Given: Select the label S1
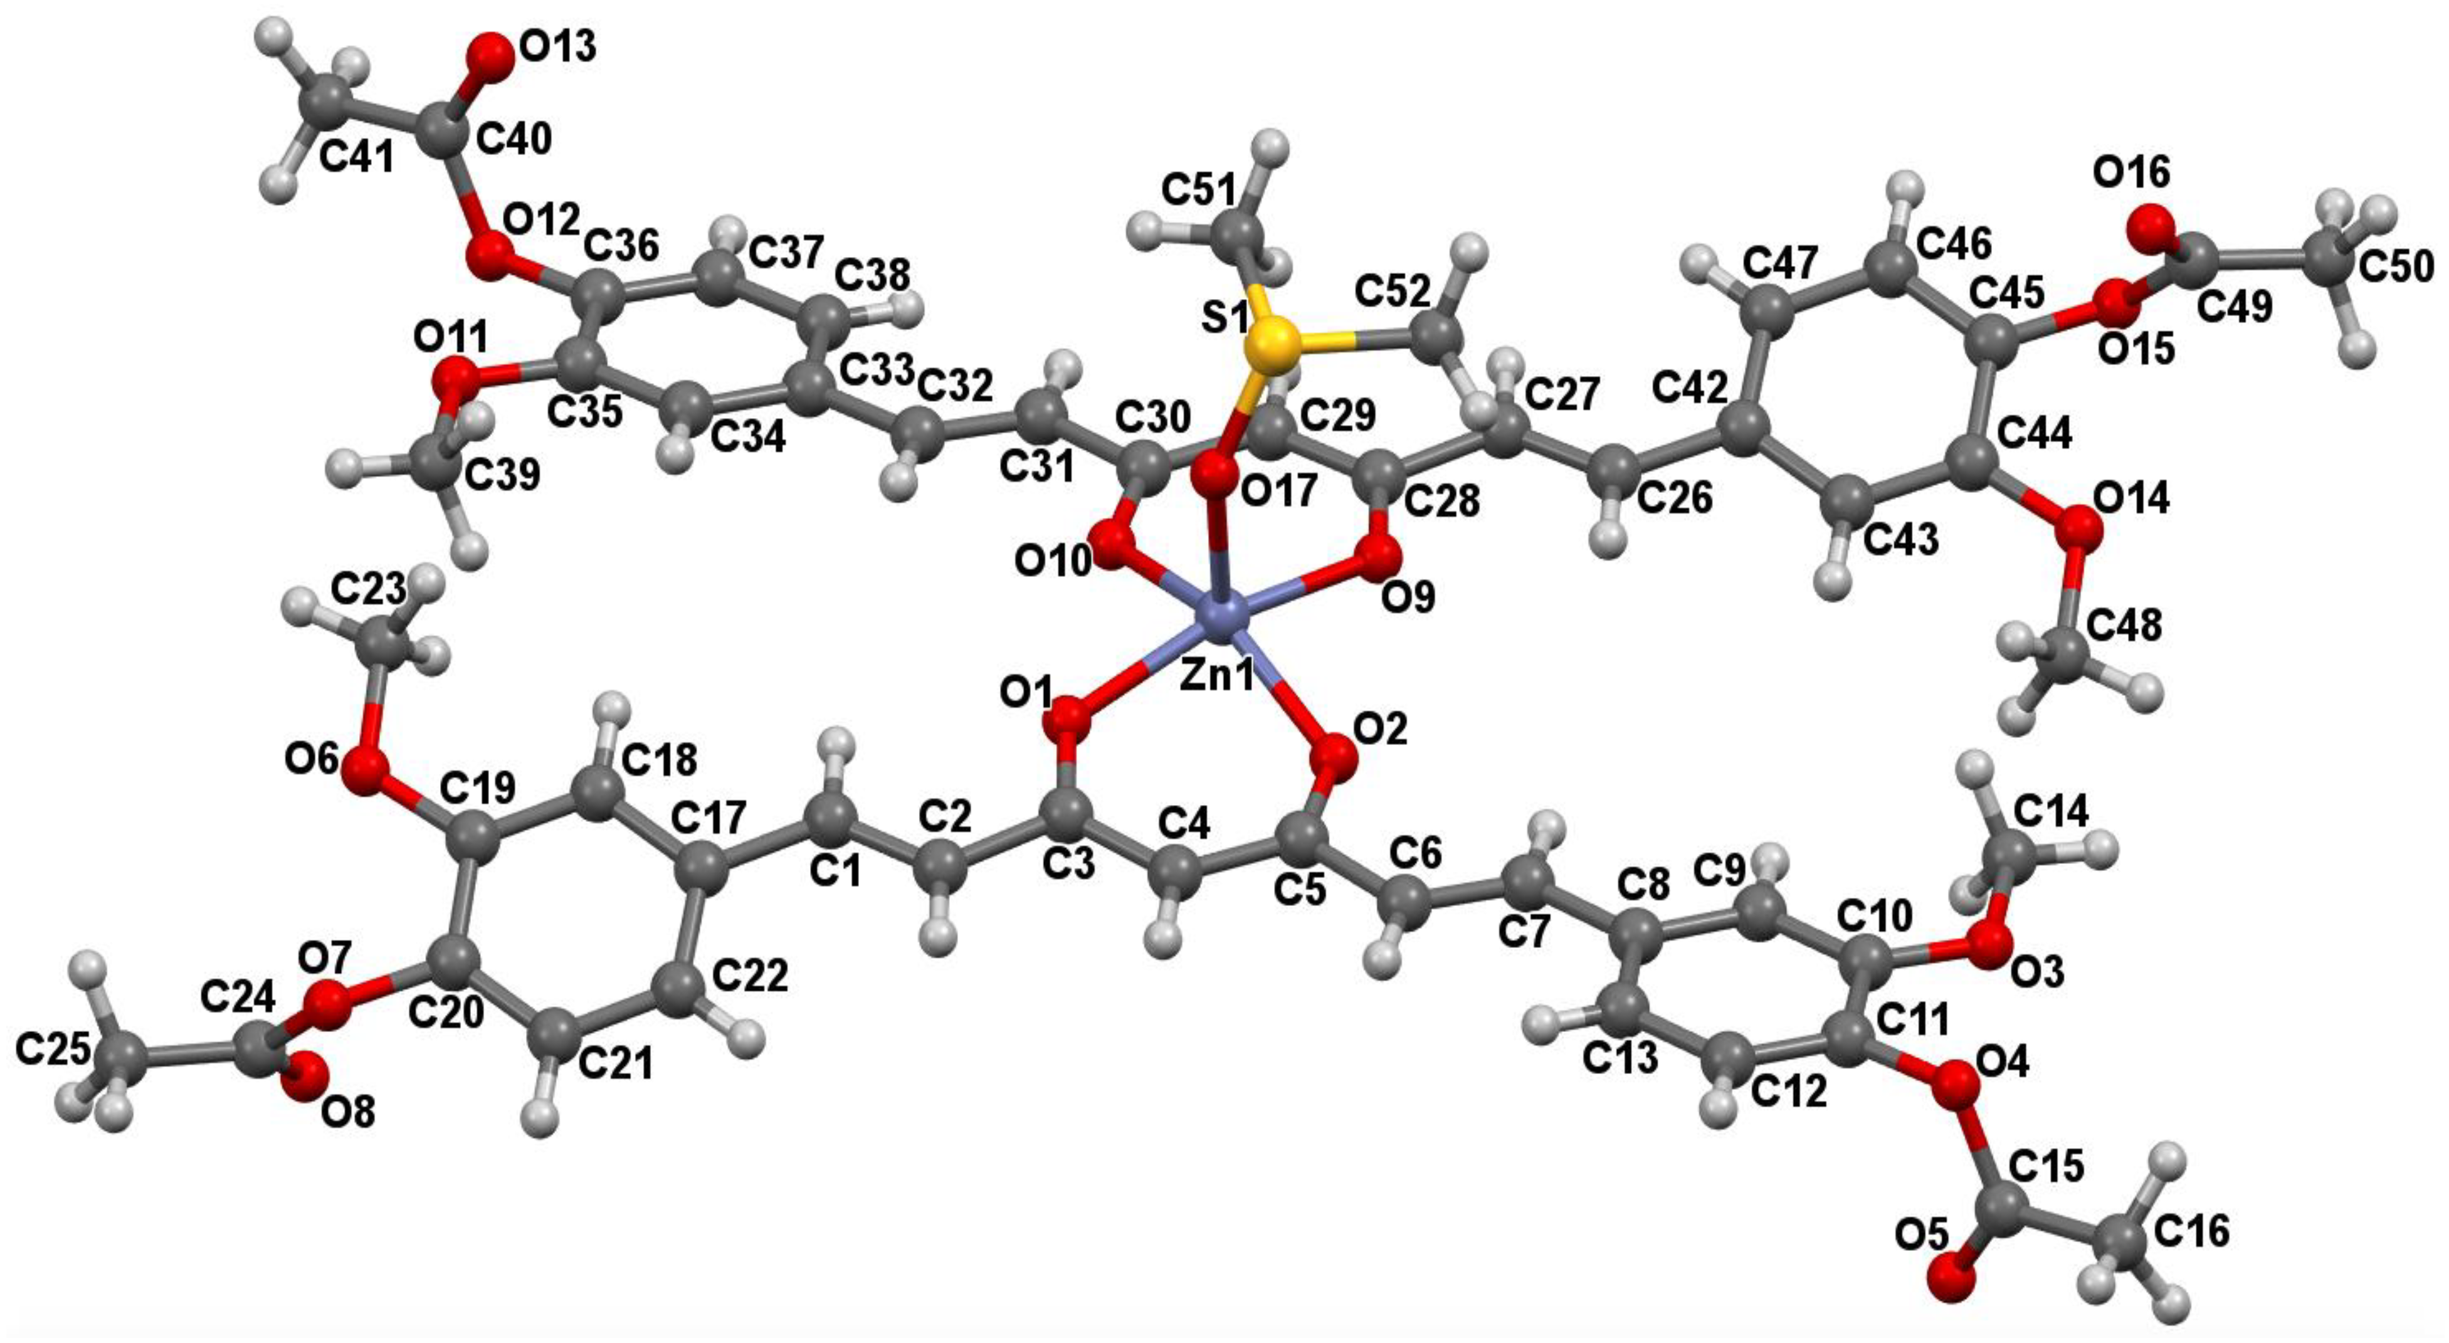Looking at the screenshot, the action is click(x=1226, y=319).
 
